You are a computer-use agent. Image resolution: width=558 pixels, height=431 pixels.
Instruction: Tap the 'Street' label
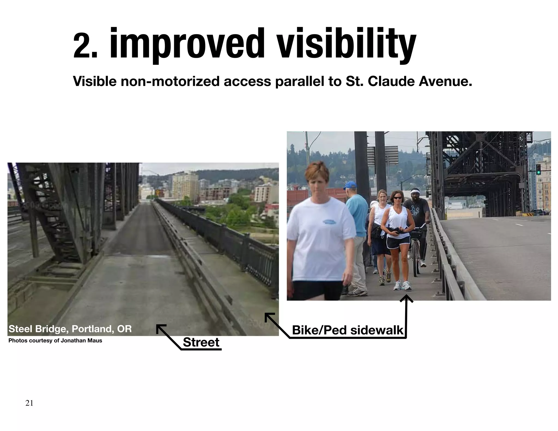point(201,342)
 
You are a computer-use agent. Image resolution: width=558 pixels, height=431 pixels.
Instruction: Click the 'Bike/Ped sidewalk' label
point(347,330)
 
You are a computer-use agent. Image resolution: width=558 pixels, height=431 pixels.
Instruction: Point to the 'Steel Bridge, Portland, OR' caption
point(70,329)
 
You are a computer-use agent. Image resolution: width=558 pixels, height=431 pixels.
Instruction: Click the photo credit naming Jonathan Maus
point(55,341)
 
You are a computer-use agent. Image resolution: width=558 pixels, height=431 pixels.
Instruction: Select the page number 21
point(29,403)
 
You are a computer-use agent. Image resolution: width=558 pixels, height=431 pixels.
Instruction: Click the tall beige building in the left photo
point(185,185)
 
